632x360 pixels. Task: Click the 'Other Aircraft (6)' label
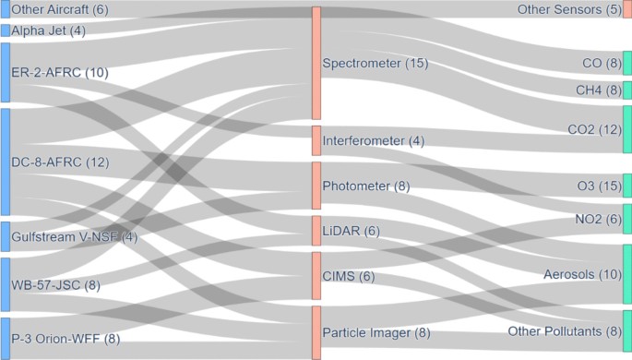59,9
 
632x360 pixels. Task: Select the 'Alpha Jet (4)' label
47,30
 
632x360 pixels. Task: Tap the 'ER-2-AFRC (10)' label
59,72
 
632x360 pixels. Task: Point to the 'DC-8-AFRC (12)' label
60,163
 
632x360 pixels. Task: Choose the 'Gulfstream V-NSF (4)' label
74,236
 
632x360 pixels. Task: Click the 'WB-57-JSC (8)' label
55,285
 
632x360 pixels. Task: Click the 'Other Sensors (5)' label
568,9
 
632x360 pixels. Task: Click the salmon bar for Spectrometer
316,64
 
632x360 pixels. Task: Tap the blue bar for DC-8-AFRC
5,162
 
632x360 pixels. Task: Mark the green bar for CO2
627,129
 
